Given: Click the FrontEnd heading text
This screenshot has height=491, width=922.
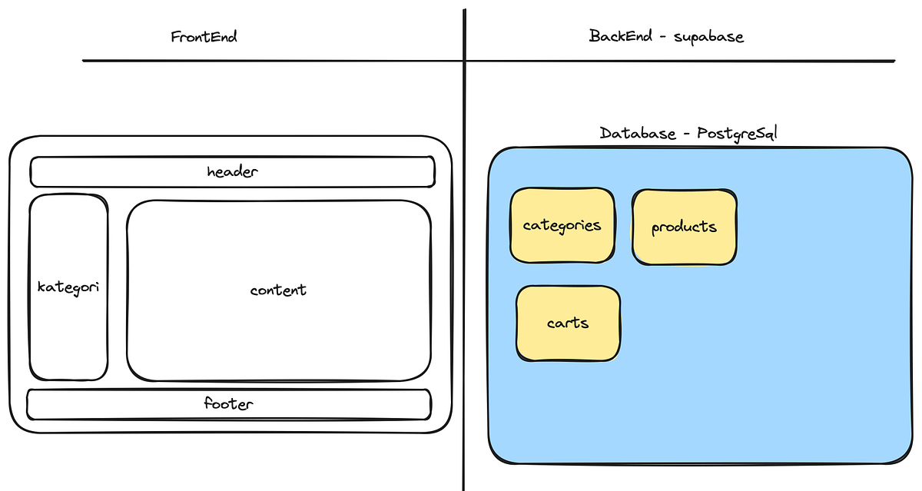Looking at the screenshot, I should point(204,36).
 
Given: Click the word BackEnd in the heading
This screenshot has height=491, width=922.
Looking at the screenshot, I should point(622,36).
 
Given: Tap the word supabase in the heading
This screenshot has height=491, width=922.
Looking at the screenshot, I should point(708,37).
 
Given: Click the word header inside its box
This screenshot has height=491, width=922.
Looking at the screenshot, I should point(232,171).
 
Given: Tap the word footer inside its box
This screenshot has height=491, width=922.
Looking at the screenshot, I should point(229,403).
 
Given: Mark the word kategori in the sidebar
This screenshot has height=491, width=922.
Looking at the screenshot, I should point(68,287).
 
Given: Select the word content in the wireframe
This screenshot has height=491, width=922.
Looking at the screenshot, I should point(278,290).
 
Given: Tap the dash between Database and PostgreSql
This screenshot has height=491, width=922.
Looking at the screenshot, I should point(684,134).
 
